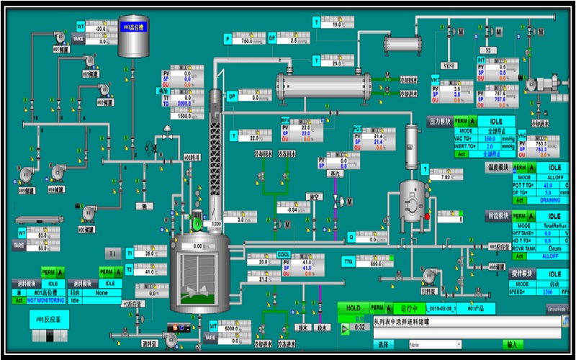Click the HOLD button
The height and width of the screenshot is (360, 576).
click(x=353, y=308)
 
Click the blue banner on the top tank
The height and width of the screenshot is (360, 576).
click(x=133, y=27)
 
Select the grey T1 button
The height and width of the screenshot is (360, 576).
click(x=112, y=253)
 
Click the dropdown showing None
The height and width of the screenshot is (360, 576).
click(x=434, y=345)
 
